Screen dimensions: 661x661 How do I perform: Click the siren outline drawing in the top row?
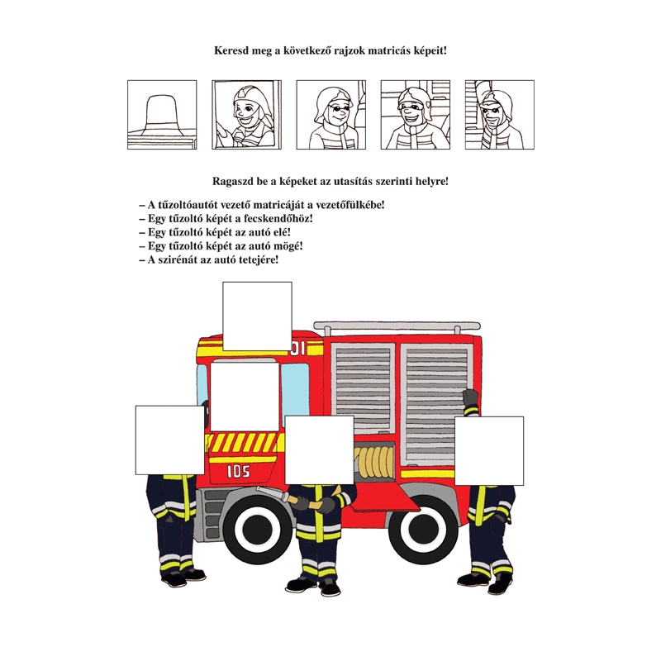[162, 115]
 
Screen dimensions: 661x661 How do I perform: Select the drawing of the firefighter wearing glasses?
[331, 115]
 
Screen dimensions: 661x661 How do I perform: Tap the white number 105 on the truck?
[239, 471]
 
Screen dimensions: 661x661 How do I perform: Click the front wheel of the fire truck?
[258, 529]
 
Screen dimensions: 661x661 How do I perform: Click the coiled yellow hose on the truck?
[374, 463]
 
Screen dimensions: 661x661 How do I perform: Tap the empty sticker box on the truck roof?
[257, 316]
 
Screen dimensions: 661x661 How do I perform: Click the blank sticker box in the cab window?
[245, 397]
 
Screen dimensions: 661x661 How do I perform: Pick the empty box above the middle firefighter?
[320, 449]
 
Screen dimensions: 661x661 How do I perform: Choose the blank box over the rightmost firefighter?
[489, 451]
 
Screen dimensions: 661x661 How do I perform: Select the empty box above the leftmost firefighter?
[170, 440]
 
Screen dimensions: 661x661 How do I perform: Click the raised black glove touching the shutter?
[470, 397]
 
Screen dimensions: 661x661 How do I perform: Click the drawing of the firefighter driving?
[246, 115]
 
